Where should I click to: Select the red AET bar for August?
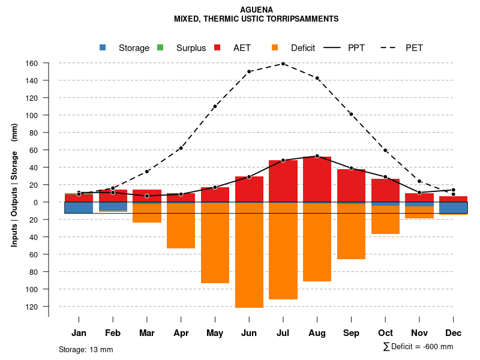317,179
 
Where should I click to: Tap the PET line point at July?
283,64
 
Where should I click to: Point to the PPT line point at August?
317,156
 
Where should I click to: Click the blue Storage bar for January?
79,208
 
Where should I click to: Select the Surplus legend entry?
182,48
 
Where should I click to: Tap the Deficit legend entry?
294,48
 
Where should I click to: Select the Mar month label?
147,333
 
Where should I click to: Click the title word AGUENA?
256,10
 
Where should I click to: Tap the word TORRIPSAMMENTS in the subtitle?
304,19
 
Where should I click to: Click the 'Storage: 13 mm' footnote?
86,349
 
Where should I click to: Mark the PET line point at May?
215,106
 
